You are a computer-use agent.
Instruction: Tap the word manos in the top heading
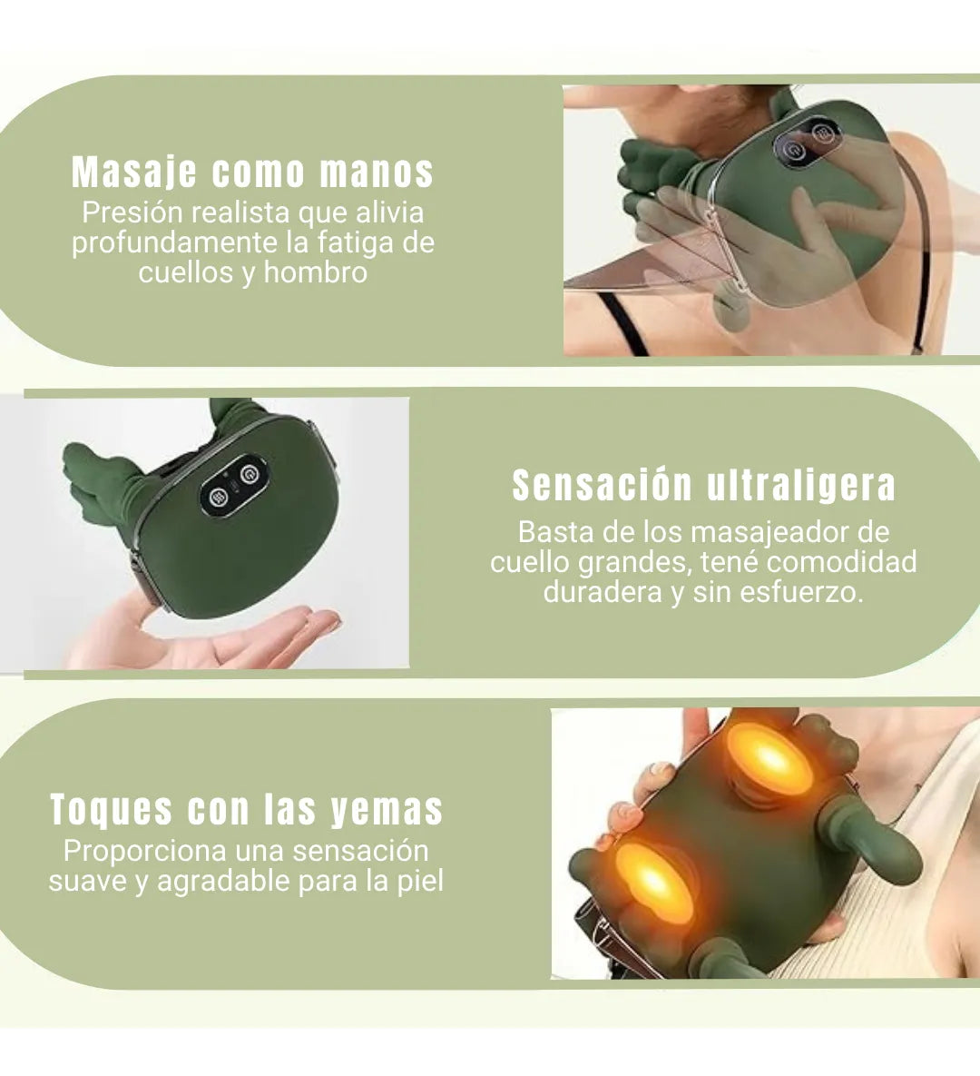pyautogui.click(x=377, y=172)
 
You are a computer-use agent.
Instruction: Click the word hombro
pyautogui.click(x=316, y=272)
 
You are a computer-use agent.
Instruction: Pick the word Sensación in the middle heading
pyautogui.click(x=603, y=486)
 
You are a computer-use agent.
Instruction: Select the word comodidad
pyautogui.click(x=841, y=562)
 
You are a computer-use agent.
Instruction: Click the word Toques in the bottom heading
pyautogui.click(x=111, y=811)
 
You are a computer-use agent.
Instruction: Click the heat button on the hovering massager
pyautogui.click(x=219, y=496)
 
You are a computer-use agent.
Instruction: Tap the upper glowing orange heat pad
pyautogui.click(x=769, y=757)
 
